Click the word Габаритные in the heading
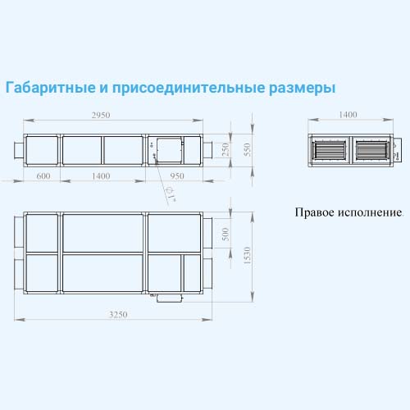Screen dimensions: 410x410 [x=51, y=88]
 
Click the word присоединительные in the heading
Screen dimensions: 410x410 [x=189, y=88]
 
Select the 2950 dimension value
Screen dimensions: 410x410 [x=101, y=115]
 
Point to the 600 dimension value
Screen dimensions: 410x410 [x=43, y=175]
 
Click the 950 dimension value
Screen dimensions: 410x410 [x=177, y=175]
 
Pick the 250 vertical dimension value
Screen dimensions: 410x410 [x=225, y=150]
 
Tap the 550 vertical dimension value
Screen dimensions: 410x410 [x=247, y=150]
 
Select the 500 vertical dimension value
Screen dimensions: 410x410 [x=225, y=235]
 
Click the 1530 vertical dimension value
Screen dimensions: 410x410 [x=247, y=256]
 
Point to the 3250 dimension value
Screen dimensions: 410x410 [x=118, y=315]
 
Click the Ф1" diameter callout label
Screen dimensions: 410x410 [x=171, y=194]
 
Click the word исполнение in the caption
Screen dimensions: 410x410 [x=371, y=212]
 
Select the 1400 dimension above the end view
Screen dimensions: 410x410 [x=348, y=115]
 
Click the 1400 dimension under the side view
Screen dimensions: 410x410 [x=101, y=175]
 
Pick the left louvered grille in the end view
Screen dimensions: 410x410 [x=329, y=150]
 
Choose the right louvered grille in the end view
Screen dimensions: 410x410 [x=371, y=150]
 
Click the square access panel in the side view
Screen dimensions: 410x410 [x=169, y=150]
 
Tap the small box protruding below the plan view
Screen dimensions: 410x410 [x=170, y=298]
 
